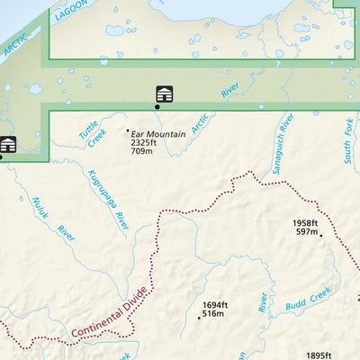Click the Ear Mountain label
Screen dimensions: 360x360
click(x=158, y=134)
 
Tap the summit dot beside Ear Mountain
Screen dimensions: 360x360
click(x=127, y=131)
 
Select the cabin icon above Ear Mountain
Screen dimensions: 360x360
click(x=165, y=94)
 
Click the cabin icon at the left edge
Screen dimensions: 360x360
click(x=8, y=144)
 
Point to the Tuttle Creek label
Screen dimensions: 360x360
click(x=92, y=134)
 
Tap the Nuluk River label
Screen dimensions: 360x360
click(x=53, y=219)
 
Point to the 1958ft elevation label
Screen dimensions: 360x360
click(x=305, y=223)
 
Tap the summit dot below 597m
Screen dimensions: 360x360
click(x=320, y=234)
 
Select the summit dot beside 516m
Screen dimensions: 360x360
click(x=199, y=317)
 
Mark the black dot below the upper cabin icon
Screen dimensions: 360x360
click(x=157, y=106)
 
